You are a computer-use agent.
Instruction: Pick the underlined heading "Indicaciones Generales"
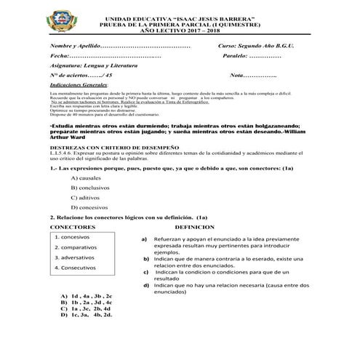(x=79, y=85)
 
